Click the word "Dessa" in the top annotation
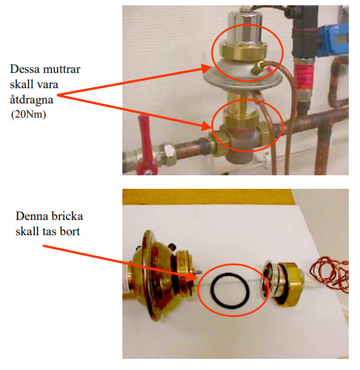pyautogui.click(x=24, y=69)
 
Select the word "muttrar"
pyautogui.click(x=62, y=69)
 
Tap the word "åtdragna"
pyautogui.click(x=32, y=100)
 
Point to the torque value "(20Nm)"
pyautogui.click(x=29, y=114)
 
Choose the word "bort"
pyautogui.click(x=70, y=231)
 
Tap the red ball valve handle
pyautogui.click(x=144, y=144)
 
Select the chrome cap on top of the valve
pyautogui.click(x=245, y=28)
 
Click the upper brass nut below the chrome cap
pyautogui.click(x=244, y=51)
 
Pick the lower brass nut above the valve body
pyautogui.click(x=241, y=119)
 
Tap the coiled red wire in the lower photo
pyautogui.click(x=330, y=275)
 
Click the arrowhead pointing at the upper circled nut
pyautogui.click(x=206, y=68)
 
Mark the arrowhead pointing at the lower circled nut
pyautogui.click(x=206, y=125)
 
